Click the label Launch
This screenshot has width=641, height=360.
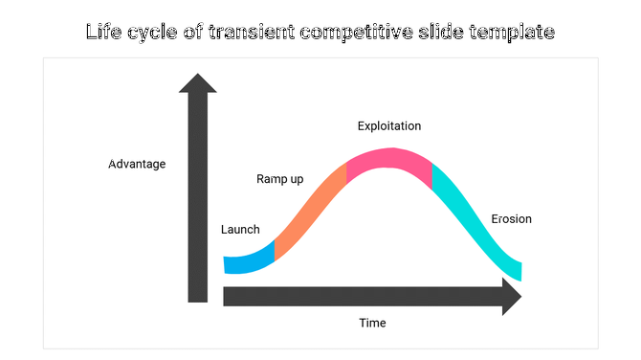coord(240,230)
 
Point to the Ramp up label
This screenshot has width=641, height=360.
coord(279,179)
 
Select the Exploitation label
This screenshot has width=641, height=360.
coord(389,126)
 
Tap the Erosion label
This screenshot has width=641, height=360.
coord(511,219)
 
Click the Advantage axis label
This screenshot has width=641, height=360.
coord(137,164)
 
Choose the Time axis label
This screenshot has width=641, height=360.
coord(372,324)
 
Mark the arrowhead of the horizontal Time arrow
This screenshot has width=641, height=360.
coord(511,297)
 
